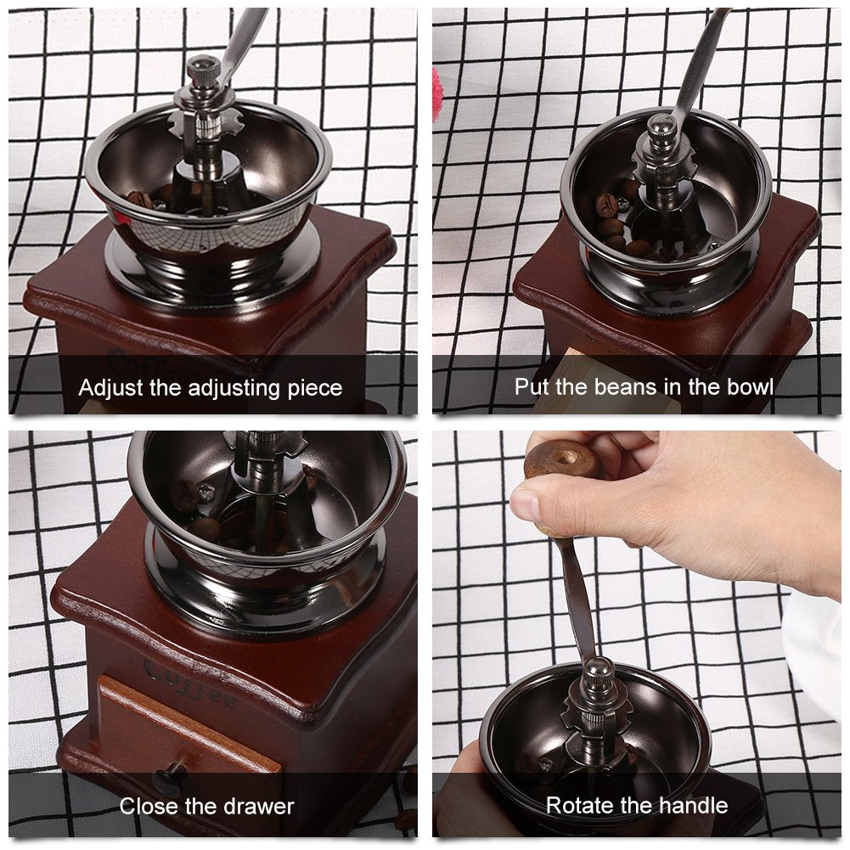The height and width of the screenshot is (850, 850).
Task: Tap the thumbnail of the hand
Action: pos(525,503)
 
